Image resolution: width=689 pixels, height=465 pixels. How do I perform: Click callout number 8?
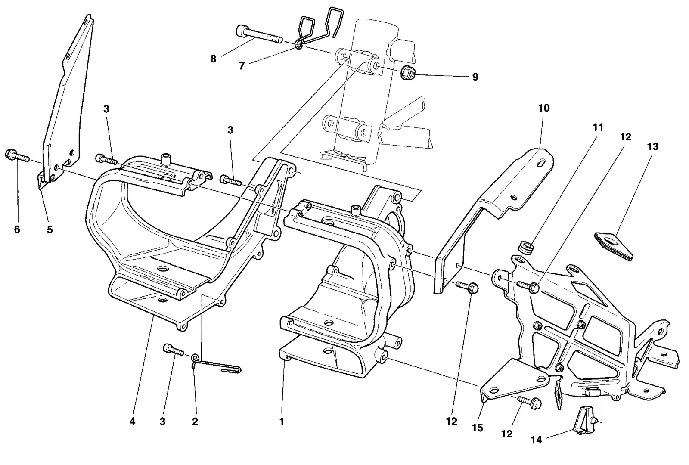click(213, 59)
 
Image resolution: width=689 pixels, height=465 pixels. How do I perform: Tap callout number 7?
click(242, 65)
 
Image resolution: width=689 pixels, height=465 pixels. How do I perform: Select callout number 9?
click(475, 77)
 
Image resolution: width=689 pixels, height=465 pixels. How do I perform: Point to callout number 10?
click(544, 108)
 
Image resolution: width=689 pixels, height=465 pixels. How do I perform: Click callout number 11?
click(598, 127)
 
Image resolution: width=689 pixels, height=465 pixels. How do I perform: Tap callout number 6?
click(17, 229)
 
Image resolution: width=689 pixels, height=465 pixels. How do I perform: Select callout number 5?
click(50, 229)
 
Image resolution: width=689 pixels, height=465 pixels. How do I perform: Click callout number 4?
click(132, 422)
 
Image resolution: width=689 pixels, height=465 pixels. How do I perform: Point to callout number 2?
click(195, 422)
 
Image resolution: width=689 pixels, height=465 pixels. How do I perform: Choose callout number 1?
click(282, 422)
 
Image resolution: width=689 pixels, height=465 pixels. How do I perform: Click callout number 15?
click(478, 428)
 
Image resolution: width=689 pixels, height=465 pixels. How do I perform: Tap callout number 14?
click(537, 440)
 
